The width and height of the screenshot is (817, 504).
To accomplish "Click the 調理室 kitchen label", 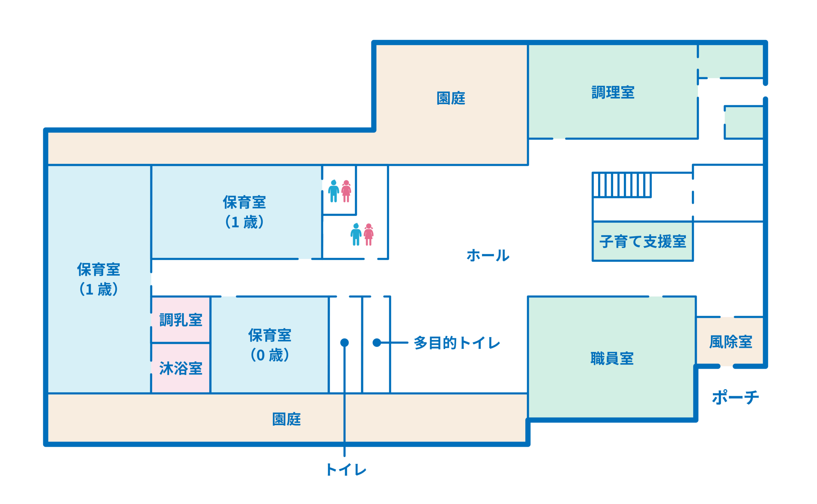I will coord(612,92).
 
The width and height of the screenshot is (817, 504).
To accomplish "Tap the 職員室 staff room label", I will coord(611,359).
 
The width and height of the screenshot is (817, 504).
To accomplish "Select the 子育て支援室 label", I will coord(642,241).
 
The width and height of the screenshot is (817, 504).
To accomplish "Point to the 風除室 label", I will coord(730,342).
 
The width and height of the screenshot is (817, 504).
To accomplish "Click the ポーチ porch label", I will coord(735,397).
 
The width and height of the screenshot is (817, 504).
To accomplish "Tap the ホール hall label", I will coord(488,255).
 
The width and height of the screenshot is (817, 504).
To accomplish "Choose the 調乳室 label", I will coord(181,320).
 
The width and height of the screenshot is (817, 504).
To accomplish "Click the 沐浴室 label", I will coord(181,368).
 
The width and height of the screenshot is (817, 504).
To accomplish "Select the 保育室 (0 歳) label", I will coord(269,345).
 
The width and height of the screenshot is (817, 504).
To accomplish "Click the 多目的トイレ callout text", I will coord(457,343).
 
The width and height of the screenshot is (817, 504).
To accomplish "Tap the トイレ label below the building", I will coord(346,470).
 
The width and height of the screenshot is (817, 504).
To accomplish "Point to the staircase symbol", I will coord(621,185).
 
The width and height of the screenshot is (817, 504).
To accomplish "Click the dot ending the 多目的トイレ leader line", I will coord(377,343).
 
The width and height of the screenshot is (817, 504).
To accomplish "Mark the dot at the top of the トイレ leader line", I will coord(344,343).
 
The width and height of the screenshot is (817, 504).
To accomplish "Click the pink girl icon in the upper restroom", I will coord(346,191).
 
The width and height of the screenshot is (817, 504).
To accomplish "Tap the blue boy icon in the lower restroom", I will coord(356,234).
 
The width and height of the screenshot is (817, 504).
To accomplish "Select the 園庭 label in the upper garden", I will coord(451,98).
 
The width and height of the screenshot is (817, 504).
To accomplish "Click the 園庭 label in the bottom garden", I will coord(286,419).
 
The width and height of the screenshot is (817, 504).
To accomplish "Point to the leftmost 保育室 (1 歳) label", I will coord(98,279).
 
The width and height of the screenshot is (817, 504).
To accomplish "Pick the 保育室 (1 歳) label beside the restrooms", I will coord(244,212).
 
